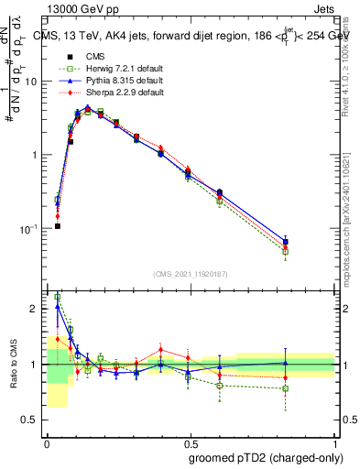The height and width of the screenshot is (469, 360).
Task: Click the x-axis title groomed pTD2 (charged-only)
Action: coord(266,457)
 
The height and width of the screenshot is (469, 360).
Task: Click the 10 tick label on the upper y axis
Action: coord(33,82)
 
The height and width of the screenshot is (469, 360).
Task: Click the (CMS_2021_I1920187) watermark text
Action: coord(191,274)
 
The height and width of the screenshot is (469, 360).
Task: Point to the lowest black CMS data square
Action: coord(57,226)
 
